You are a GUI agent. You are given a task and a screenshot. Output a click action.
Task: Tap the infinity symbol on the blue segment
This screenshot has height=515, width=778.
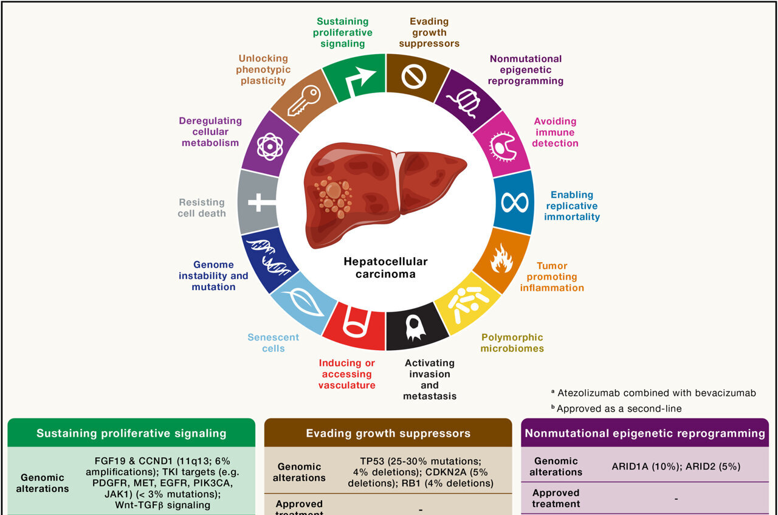pyautogui.click(x=514, y=202)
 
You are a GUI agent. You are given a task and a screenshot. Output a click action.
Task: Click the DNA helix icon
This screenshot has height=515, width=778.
pyautogui.click(x=267, y=255)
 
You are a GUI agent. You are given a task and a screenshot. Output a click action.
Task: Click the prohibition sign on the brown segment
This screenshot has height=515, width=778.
pyautogui.click(x=414, y=77)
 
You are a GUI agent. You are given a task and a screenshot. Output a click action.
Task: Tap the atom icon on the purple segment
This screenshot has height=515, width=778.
pyautogui.click(x=270, y=147)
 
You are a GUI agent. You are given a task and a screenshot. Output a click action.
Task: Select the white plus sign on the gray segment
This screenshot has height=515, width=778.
pyautogui.click(x=258, y=202)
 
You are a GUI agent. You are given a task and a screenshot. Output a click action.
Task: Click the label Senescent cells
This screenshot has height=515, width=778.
pyautogui.click(x=274, y=343)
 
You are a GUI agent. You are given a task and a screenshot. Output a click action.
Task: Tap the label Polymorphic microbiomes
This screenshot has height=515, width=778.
pyautogui.click(x=512, y=343)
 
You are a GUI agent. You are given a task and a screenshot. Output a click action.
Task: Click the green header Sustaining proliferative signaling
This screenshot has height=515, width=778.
pyautogui.click(x=131, y=434)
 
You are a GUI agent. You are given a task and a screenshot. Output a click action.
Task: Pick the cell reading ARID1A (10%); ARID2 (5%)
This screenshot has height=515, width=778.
pyautogui.click(x=676, y=466)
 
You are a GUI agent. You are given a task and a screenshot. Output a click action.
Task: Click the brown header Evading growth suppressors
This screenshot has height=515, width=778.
pyautogui.click(x=388, y=434)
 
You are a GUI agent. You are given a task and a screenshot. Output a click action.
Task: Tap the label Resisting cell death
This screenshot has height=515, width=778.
pyautogui.click(x=202, y=207)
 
